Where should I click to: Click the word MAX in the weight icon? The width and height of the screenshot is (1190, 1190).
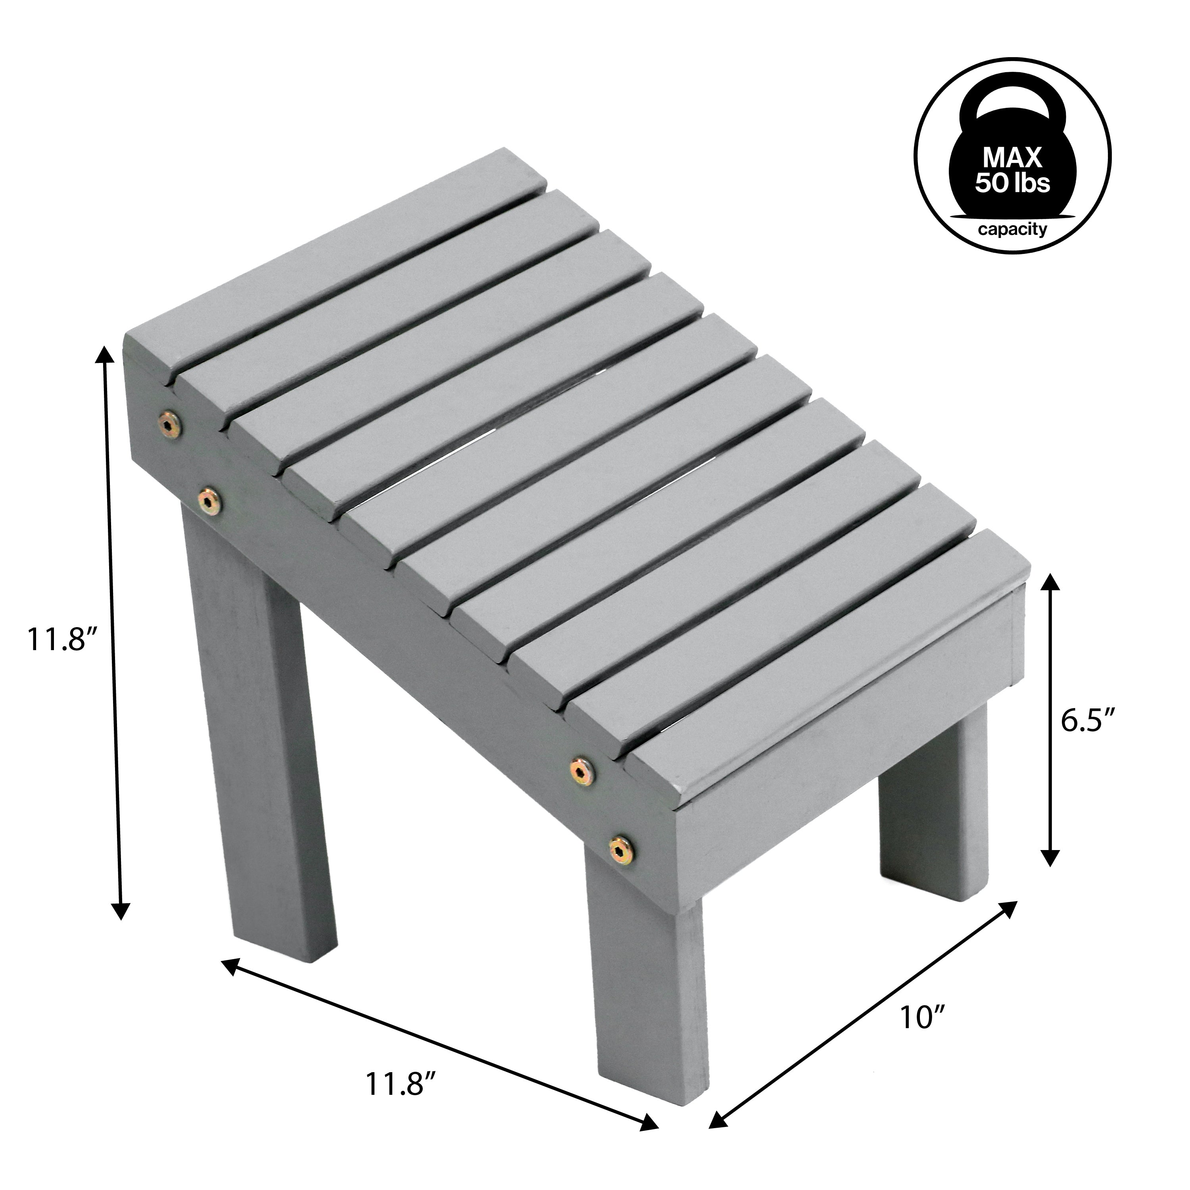click(1012, 158)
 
